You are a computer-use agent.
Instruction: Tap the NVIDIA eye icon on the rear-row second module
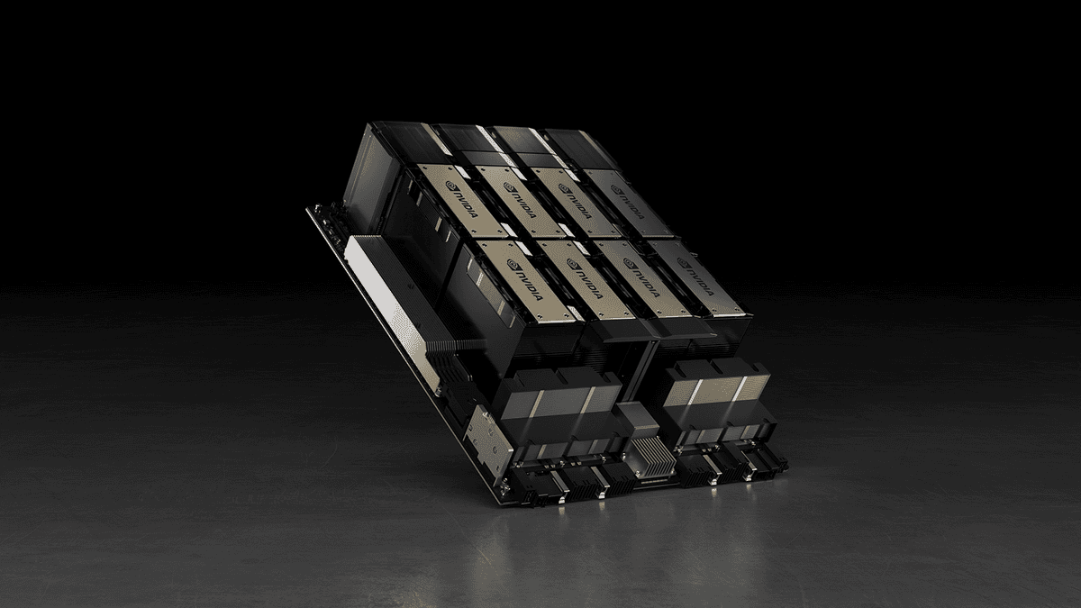[x=508, y=186]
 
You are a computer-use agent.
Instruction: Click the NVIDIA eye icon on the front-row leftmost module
[x=512, y=264]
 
